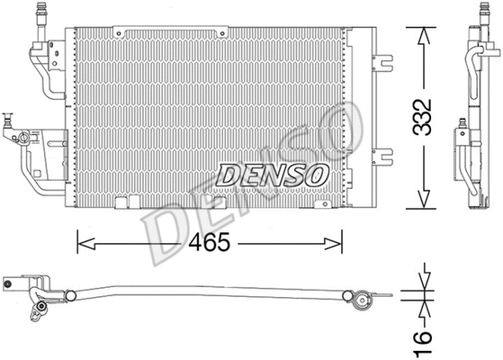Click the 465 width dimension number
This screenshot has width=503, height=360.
(209, 243)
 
